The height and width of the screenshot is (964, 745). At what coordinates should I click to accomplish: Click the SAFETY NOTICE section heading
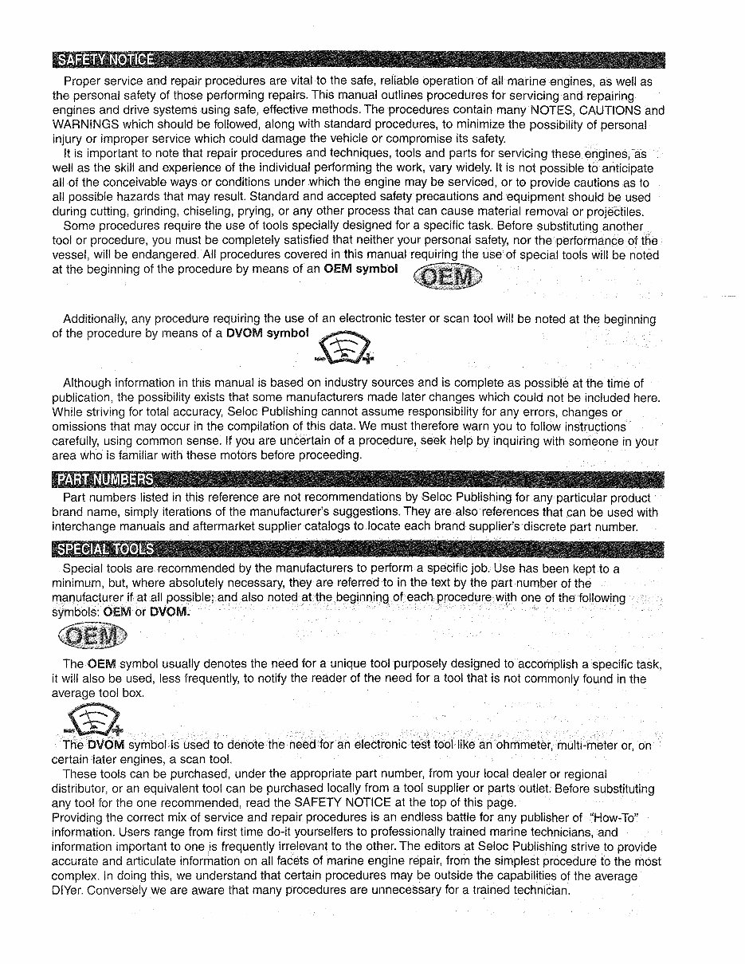(104, 61)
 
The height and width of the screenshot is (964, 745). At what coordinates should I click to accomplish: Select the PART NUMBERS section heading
(104, 479)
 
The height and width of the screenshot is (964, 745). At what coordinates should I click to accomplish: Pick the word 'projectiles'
(612, 211)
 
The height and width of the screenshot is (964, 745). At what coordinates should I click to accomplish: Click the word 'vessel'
(71, 255)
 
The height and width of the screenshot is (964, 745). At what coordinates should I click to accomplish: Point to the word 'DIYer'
(69, 890)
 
